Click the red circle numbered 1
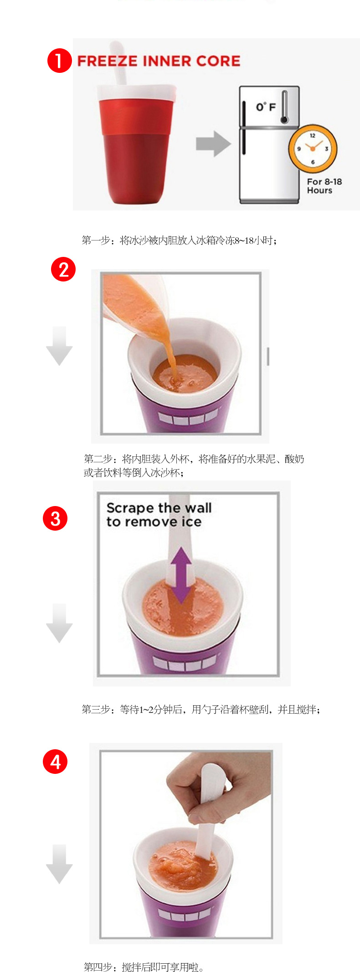tap(60, 61)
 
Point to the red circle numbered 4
tap(55, 762)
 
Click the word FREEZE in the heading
tap(107, 61)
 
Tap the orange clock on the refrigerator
tap(313, 148)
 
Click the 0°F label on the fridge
tap(266, 107)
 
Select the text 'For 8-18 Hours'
tap(324, 186)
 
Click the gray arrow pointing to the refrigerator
tap(213, 143)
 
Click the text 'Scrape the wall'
tap(159, 508)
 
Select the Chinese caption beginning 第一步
tap(179, 240)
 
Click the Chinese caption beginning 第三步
tap(201, 709)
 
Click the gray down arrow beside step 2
tap(59, 346)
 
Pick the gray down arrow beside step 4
tap(59, 864)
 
